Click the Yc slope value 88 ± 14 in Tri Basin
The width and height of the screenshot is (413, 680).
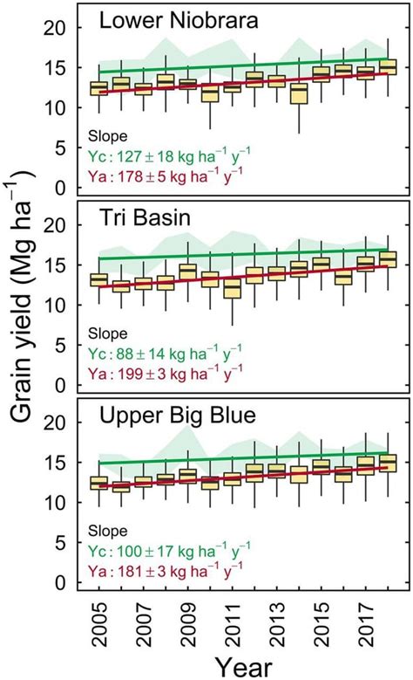(x=166, y=354)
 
